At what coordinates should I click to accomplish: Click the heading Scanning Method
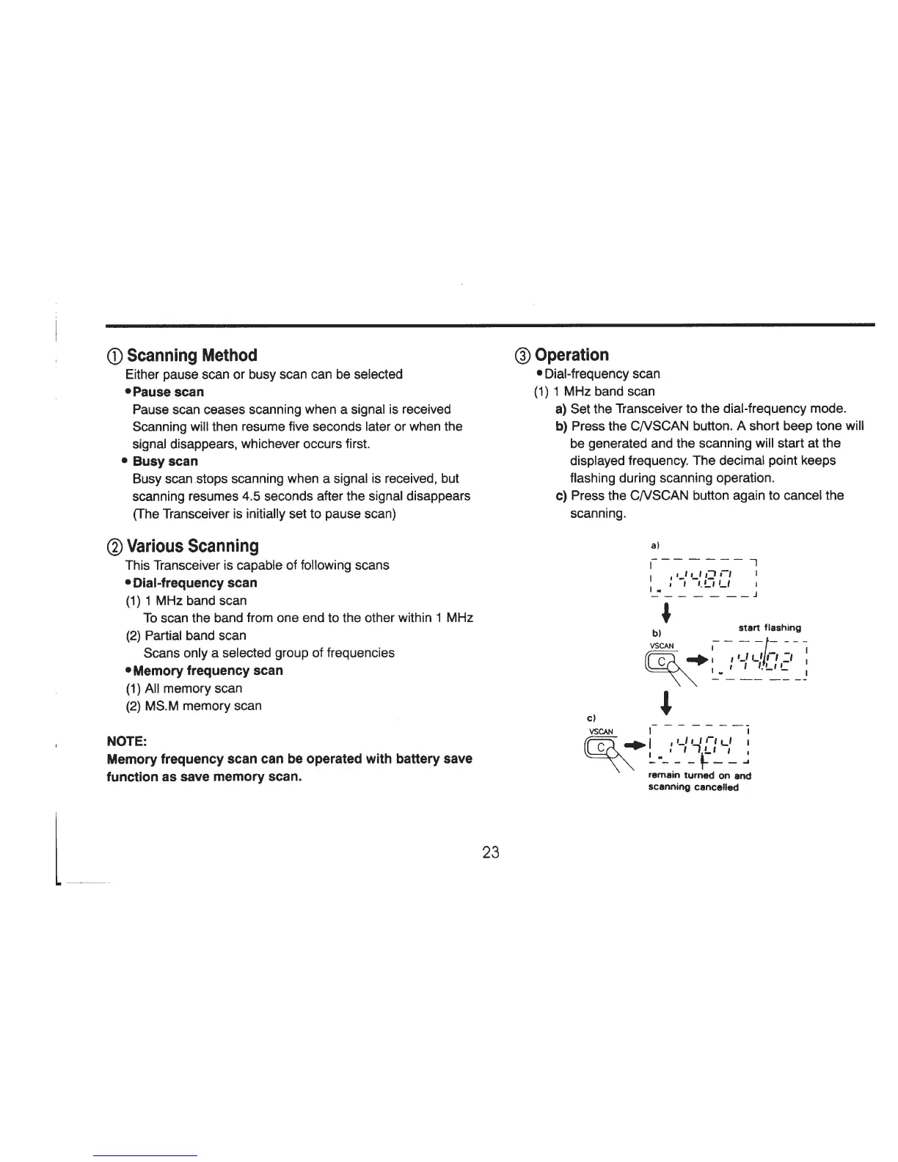[191, 356]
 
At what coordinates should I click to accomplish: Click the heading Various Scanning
[192, 547]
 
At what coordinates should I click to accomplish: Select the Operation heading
[572, 355]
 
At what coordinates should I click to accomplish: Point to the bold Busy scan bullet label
[165, 461]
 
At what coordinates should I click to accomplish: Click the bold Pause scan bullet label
[168, 392]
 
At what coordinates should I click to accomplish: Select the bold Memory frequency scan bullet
[208, 670]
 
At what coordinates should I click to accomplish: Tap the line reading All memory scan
[193, 688]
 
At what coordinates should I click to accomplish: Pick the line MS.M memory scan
[202, 706]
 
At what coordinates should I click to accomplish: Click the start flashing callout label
[770, 627]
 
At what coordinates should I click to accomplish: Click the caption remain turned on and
[700, 775]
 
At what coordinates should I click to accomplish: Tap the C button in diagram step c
[602, 747]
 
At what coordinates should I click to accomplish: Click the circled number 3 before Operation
[523, 356]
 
